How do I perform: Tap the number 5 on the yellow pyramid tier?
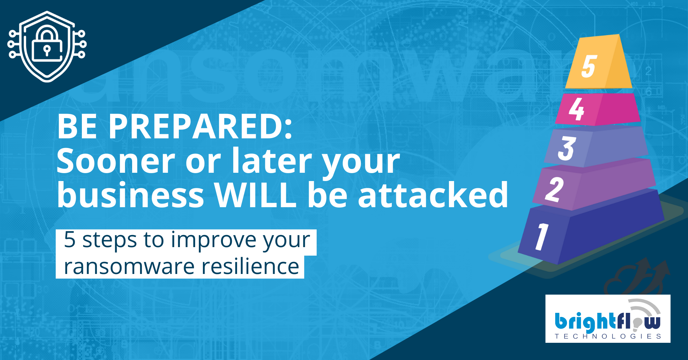(x=589, y=66)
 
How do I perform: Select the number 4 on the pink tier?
(x=577, y=109)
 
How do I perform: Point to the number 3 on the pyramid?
(x=567, y=148)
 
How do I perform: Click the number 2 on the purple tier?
(x=554, y=189)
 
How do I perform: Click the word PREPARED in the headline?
(x=200, y=127)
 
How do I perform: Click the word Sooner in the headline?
(x=116, y=161)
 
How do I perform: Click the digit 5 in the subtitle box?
(x=70, y=239)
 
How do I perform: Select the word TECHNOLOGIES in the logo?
(x=608, y=336)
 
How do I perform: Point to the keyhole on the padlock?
(x=47, y=51)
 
